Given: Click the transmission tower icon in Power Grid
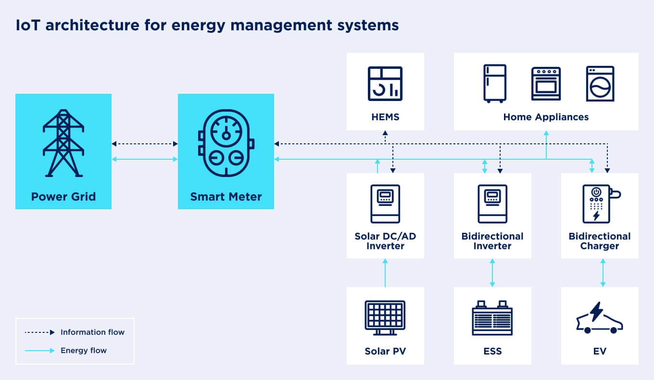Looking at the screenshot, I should coord(63,143).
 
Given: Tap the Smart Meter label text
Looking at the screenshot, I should coord(226,197).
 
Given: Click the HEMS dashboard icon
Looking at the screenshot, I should coord(385,84).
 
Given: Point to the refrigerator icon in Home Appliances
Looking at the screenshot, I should coord(494,84).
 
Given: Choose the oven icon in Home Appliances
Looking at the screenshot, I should coord(546,84).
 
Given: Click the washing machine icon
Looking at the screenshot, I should coord(600,84).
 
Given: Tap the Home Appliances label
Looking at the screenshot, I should coord(546,117).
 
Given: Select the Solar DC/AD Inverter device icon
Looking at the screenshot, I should coord(385,203).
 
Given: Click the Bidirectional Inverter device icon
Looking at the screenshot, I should coord(492,203).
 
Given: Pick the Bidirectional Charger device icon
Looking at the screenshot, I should coord(598,203).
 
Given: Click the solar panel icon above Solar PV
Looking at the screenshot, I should coord(385,317).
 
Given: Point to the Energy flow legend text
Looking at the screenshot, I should coord(84,351).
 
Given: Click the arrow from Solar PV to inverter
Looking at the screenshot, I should coord(385,273).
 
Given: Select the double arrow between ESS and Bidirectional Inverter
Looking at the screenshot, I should coord(492,273).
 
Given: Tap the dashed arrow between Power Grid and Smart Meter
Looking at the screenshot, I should coord(145,144).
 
